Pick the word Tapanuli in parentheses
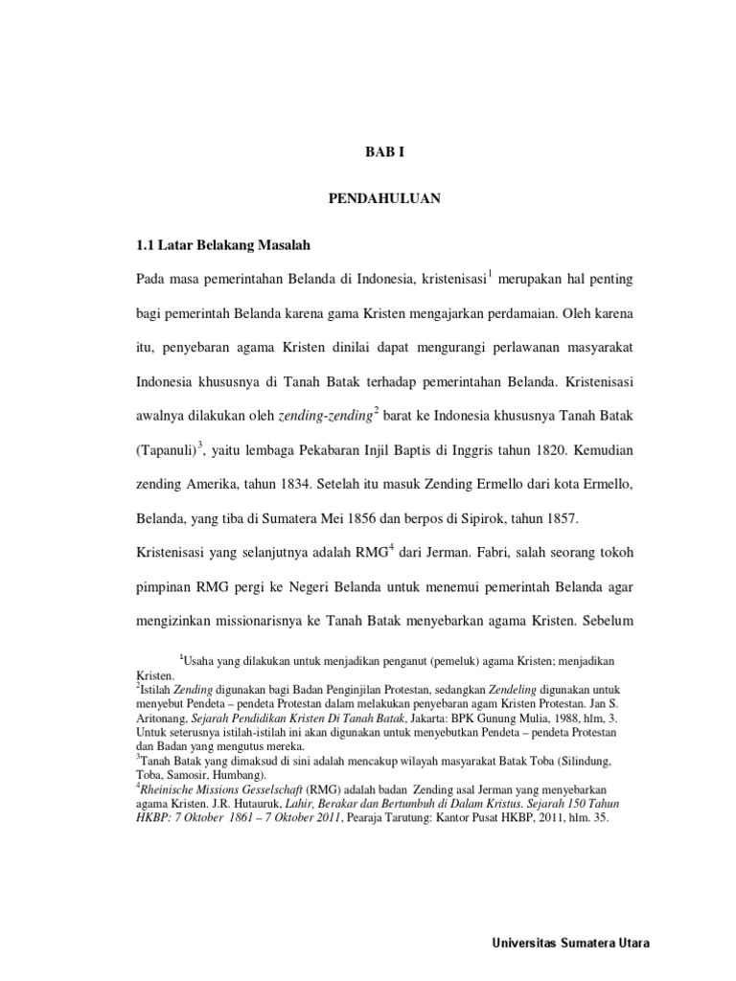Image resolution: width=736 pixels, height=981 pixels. click(168, 448)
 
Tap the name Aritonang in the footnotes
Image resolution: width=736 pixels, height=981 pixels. click(164, 718)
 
